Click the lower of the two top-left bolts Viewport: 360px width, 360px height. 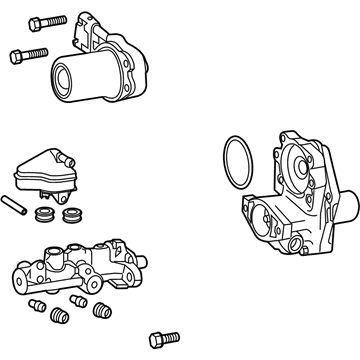click(29, 54)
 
